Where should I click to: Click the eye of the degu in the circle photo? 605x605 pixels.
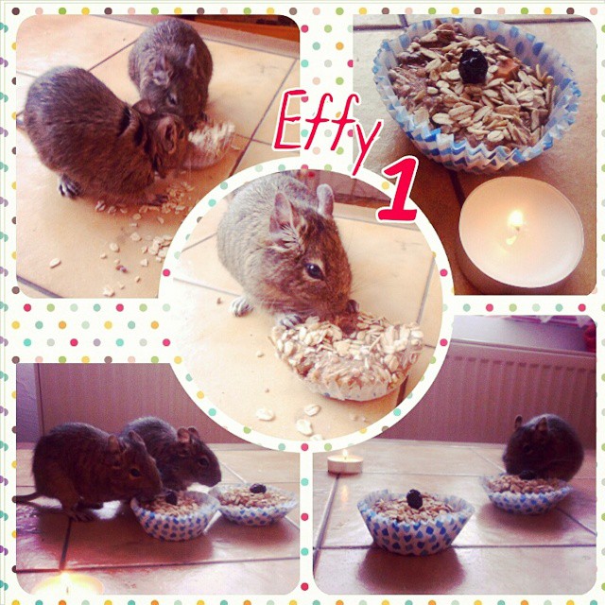[313, 271]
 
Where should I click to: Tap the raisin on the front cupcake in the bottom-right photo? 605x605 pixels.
[415, 498]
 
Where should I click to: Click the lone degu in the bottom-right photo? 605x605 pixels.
[544, 449]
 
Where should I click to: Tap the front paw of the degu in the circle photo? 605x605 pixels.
[241, 306]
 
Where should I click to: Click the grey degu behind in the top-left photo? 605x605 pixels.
[172, 69]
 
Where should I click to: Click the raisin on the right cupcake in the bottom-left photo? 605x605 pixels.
[257, 489]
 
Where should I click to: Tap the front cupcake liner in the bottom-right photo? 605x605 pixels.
[415, 523]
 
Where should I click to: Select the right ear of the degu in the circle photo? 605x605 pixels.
[325, 199]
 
